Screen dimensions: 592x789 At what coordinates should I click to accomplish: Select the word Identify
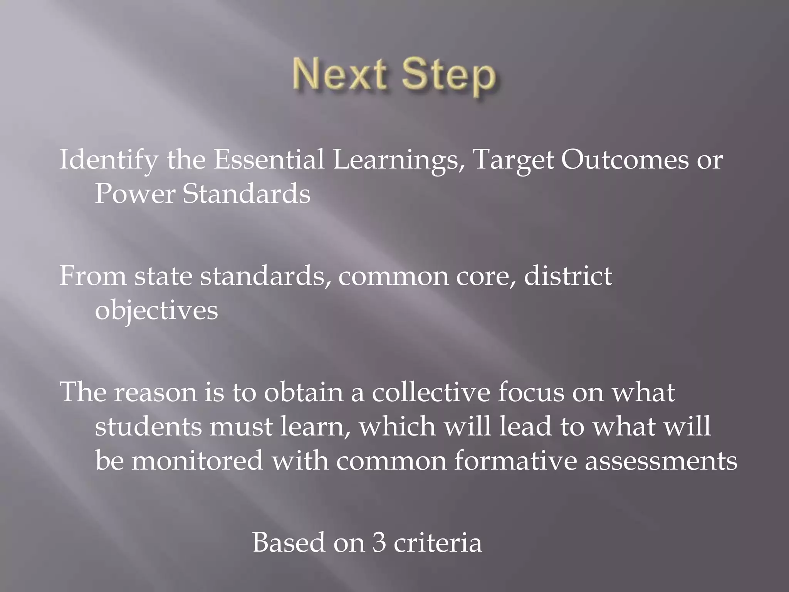tap(108, 160)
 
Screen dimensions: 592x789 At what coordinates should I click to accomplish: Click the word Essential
tap(269, 160)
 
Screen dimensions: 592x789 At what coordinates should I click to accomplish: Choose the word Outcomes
tap(624, 160)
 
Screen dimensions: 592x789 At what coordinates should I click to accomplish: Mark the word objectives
tap(156, 311)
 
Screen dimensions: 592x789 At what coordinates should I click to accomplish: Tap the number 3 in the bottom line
tap(379, 543)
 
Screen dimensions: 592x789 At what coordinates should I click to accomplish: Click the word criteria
tap(438, 543)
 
